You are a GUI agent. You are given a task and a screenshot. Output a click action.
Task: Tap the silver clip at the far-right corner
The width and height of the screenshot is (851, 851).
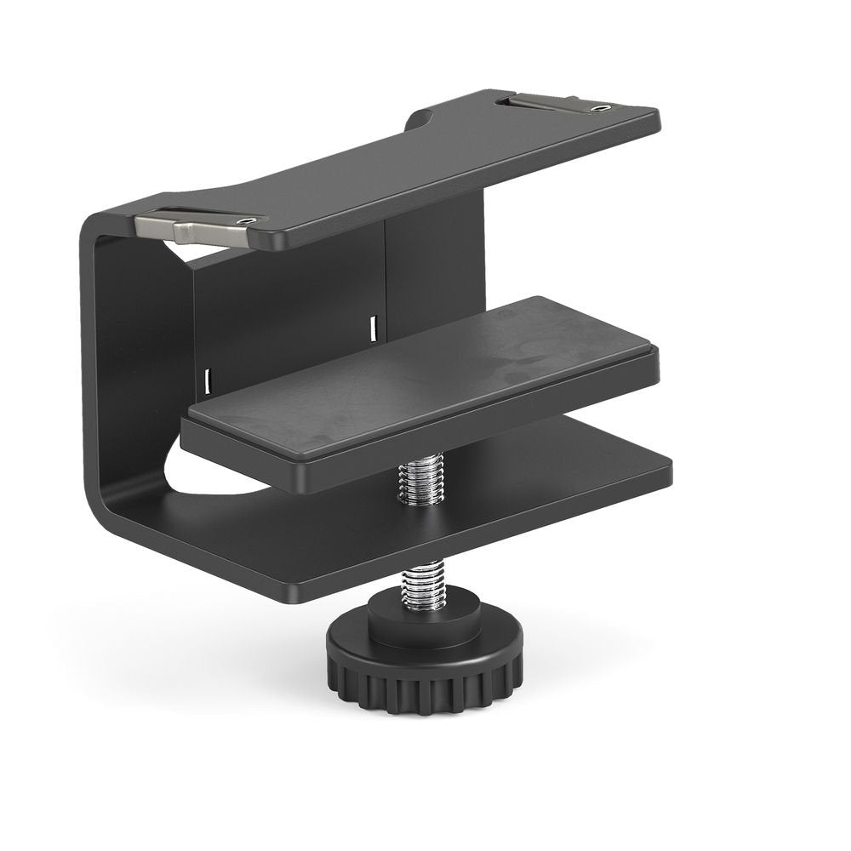[545, 103]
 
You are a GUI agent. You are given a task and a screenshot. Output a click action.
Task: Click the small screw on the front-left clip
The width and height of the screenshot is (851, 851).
[248, 220]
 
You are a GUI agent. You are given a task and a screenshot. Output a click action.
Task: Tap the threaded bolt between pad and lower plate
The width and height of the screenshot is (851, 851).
[420, 482]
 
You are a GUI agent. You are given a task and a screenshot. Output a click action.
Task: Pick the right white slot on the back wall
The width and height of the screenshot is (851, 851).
[372, 323]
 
